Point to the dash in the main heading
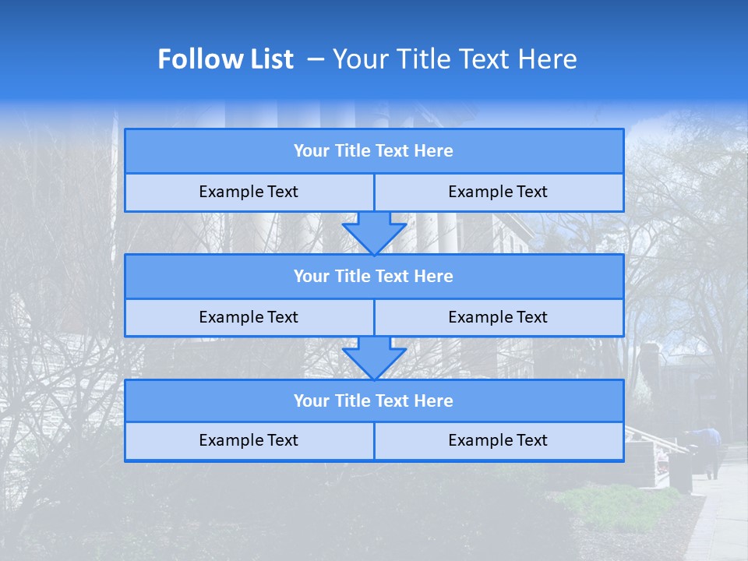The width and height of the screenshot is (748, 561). [316, 59]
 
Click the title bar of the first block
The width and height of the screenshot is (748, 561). [374, 151]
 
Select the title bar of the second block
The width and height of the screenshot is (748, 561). [374, 277]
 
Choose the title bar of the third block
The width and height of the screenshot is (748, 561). [374, 401]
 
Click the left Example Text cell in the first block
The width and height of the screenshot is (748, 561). [249, 192]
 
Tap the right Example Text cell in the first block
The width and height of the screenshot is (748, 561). [499, 192]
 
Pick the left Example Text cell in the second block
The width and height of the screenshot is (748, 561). [249, 318]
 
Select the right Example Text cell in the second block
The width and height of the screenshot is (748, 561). [499, 318]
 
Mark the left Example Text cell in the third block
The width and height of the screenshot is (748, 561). [249, 441]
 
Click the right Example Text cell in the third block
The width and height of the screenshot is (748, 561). [499, 441]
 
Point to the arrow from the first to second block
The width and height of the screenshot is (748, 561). [374, 233]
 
